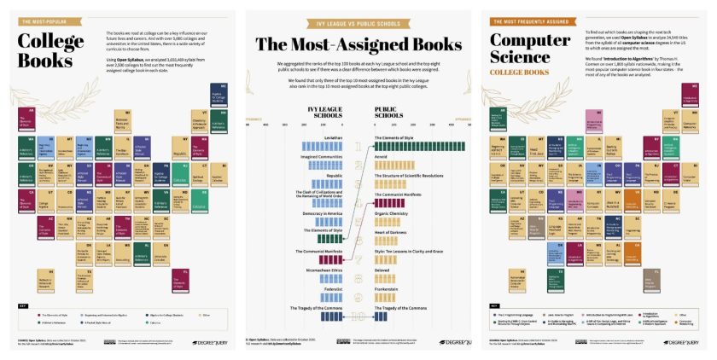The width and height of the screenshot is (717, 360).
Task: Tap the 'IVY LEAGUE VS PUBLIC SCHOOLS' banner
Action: pos(358,15)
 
